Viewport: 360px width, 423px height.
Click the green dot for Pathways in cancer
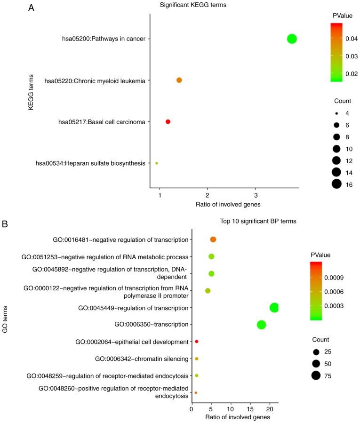pos(292,39)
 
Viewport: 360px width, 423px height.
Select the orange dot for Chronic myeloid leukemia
pos(179,80)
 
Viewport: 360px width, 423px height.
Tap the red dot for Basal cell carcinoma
pos(168,122)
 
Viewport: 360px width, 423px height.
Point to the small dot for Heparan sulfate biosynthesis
pos(157,163)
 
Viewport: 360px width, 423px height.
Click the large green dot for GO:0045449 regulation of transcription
pos(274,308)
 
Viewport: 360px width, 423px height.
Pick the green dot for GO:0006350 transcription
pos(262,325)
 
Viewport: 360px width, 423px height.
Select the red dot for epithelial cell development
pos(197,342)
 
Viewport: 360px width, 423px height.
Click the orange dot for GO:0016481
pos(213,239)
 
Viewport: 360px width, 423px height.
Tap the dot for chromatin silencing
pos(197,359)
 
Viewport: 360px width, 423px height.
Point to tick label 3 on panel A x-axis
pos(256,195)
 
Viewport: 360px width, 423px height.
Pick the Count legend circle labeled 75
pos(315,375)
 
